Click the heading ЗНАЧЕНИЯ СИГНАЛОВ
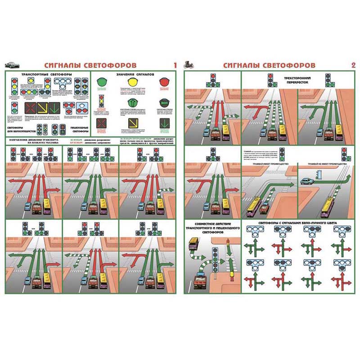tap(135, 73)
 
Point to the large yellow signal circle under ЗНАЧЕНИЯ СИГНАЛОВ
tap(134, 83)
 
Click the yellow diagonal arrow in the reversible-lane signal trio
tap(44, 108)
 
